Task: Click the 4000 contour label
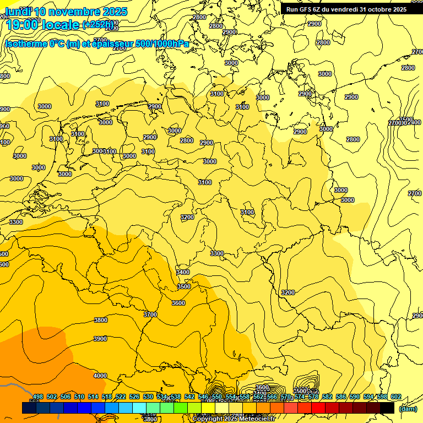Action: (x=100, y=376)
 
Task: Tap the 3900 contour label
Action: (x=100, y=339)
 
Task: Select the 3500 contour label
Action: (x=184, y=286)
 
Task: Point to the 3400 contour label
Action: (x=183, y=272)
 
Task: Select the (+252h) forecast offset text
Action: (x=99, y=25)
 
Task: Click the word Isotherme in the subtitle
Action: (x=26, y=44)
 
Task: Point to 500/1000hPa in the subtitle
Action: (x=162, y=44)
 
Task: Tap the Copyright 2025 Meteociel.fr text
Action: (x=234, y=419)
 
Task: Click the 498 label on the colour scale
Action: (x=38, y=397)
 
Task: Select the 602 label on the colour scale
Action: (x=396, y=397)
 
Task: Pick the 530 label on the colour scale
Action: (x=148, y=397)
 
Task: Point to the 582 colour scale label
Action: (x=327, y=397)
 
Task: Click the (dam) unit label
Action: (x=408, y=409)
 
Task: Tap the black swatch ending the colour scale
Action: (x=387, y=408)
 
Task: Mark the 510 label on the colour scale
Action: (x=79, y=397)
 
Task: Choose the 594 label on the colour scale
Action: (x=368, y=397)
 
